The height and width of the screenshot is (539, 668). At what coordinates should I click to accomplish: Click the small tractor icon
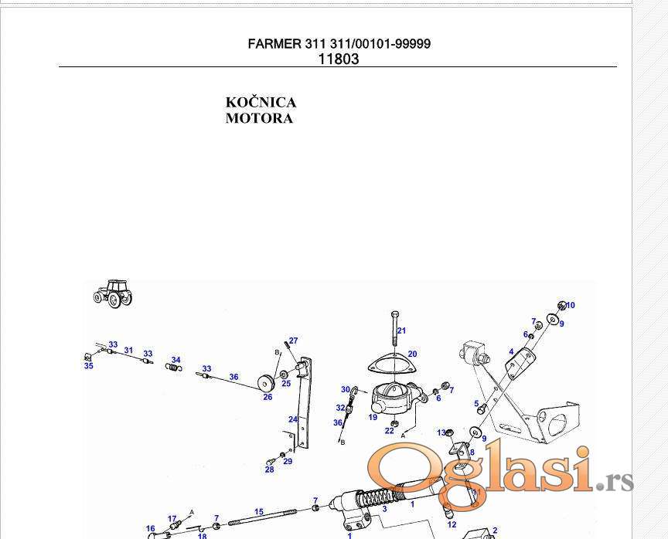114,293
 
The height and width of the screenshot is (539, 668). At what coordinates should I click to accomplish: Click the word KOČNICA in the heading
261,103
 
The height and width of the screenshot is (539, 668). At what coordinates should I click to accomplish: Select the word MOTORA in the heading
259,118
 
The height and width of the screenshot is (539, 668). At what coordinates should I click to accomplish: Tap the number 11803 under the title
339,59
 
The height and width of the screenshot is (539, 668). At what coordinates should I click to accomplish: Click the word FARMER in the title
274,43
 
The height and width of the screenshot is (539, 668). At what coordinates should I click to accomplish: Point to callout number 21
401,331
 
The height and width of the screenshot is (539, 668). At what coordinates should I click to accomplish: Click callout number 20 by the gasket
412,354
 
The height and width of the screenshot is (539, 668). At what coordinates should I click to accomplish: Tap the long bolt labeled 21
395,328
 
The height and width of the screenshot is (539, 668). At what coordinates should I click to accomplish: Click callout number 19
373,417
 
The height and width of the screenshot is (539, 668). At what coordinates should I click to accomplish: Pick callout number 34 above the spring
176,360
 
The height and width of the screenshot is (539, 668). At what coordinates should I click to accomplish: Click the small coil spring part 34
173,367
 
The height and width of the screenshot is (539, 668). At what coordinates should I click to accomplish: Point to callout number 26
268,397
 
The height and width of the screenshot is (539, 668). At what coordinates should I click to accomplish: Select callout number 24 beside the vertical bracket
293,419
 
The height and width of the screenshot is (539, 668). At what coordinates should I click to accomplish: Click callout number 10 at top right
571,305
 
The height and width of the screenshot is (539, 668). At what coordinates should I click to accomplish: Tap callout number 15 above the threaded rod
259,512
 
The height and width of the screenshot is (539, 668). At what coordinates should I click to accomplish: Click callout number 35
89,366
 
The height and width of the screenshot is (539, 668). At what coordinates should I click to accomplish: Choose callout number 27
294,341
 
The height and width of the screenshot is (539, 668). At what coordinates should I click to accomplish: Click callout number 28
269,470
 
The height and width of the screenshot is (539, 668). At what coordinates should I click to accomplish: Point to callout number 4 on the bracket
511,352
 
